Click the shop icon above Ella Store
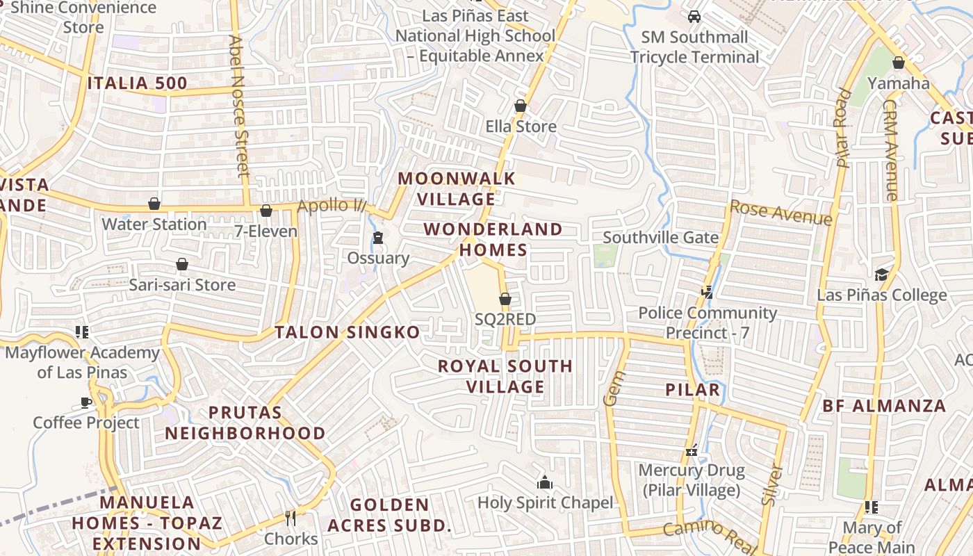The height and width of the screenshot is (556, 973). [x=520, y=106]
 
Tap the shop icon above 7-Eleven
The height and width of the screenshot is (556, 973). [x=266, y=211]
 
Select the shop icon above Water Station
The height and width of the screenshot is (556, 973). [x=154, y=204]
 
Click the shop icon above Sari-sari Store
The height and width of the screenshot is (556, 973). [x=182, y=264]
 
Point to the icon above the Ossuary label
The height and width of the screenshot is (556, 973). [x=377, y=238]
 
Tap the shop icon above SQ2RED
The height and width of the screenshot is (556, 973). [x=505, y=299]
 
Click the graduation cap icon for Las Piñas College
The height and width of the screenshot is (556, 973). [x=881, y=275]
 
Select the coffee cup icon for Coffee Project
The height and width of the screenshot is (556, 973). [x=86, y=402]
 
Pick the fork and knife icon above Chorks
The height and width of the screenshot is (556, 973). [x=291, y=518]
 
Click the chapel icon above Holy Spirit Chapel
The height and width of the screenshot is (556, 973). [x=545, y=482]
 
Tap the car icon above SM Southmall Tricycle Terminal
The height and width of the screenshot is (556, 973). [x=694, y=17]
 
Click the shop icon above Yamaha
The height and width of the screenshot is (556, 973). [x=898, y=63]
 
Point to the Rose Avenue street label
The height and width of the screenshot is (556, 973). [x=780, y=213]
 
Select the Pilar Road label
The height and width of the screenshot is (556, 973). [x=842, y=129]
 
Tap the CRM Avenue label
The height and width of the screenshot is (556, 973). [x=890, y=149]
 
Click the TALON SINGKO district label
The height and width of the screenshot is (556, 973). [x=347, y=332]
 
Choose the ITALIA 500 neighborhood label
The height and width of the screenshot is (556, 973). [x=138, y=83]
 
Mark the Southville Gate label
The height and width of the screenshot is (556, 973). [x=660, y=238]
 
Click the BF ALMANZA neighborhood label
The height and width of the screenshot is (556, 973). [x=884, y=406]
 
